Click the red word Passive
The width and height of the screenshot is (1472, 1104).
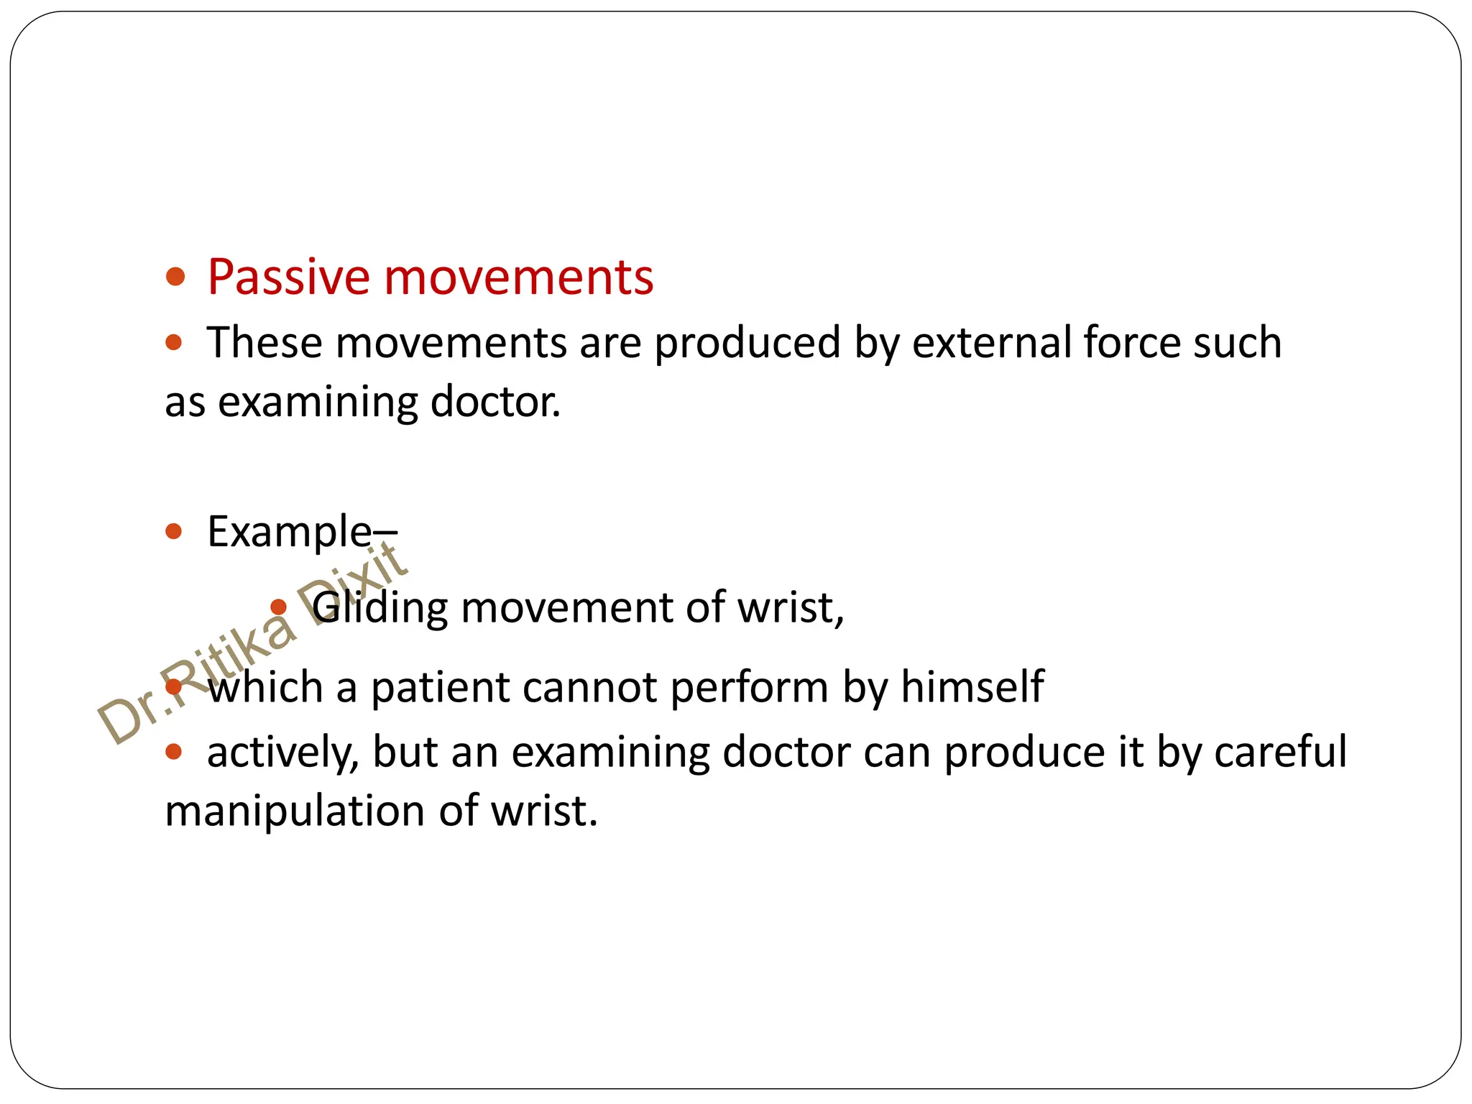(289, 277)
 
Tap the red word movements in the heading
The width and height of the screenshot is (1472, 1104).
(519, 277)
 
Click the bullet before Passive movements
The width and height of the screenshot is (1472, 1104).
(175, 277)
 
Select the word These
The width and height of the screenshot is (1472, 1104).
(264, 342)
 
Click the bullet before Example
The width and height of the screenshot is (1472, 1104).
(174, 532)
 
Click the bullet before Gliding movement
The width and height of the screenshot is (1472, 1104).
(278, 608)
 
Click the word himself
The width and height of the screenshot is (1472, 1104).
(972, 686)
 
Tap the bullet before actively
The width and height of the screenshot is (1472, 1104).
(174, 752)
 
